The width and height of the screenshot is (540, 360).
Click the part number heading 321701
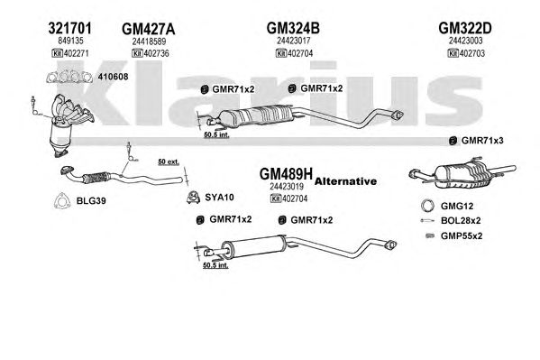pos(70,28)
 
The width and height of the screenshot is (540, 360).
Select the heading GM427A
pos(149,29)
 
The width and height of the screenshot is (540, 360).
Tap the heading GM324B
pos(293,28)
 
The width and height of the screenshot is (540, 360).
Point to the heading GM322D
pos(465,28)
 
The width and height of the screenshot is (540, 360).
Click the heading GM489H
pos(286,174)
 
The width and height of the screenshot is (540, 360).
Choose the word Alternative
pos(345,181)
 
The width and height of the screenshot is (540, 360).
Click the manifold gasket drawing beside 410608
pos(69,77)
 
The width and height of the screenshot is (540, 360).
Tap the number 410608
pos(113,77)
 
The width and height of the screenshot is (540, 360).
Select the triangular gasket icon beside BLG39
pos(62,200)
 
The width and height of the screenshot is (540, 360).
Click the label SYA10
pos(219,198)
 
